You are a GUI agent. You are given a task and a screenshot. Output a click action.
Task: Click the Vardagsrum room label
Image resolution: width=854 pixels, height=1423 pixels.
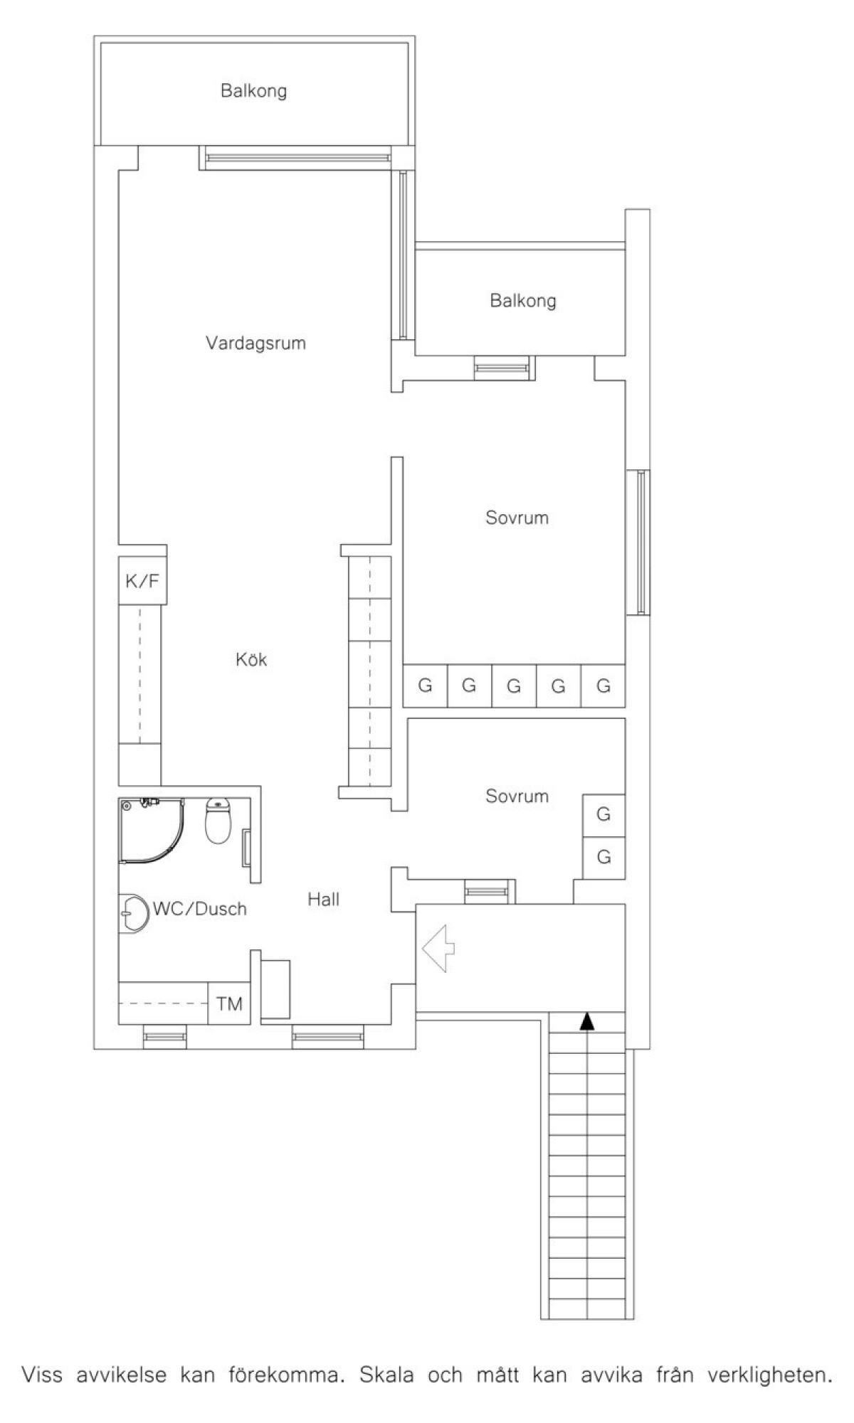pyautogui.click(x=255, y=343)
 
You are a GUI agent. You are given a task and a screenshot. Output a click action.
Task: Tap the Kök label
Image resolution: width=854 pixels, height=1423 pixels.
pyautogui.click(x=251, y=659)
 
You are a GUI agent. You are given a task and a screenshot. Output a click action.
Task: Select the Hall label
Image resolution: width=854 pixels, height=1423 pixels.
pyautogui.click(x=323, y=900)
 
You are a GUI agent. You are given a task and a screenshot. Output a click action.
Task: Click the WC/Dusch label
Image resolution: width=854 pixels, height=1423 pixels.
pyautogui.click(x=200, y=909)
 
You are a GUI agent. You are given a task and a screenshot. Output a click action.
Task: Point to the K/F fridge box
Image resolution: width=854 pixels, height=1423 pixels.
pyautogui.click(x=142, y=581)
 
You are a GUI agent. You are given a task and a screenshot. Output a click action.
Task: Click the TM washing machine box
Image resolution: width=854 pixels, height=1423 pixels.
pyautogui.click(x=229, y=1003)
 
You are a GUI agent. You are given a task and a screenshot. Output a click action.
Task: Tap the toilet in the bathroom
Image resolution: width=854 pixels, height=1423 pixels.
pyautogui.click(x=218, y=821)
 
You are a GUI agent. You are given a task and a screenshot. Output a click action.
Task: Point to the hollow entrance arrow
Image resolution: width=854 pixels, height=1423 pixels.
pyautogui.click(x=438, y=948)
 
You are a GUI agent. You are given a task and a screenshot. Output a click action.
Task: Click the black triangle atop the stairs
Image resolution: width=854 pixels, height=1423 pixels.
pyautogui.click(x=586, y=1021)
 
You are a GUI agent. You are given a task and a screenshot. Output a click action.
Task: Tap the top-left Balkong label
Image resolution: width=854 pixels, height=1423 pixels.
pyautogui.click(x=253, y=91)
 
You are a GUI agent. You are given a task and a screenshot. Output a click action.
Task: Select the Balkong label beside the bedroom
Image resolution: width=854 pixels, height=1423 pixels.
pyautogui.click(x=522, y=301)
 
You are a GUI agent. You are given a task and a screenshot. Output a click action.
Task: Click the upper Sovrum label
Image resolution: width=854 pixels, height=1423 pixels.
pyautogui.click(x=517, y=518)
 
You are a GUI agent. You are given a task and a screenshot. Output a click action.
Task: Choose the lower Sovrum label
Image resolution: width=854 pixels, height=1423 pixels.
pyautogui.click(x=517, y=796)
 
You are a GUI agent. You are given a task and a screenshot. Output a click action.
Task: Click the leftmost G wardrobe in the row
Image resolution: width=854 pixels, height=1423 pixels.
pyautogui.click(x=425, y=686)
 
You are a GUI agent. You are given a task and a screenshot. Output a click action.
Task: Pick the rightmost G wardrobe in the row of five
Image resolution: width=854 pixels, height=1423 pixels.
pyautogui.click(x=603, y=686)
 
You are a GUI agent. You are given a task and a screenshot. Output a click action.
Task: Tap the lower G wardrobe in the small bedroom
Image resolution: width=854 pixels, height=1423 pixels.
pyautogui.click(x=604, y=857)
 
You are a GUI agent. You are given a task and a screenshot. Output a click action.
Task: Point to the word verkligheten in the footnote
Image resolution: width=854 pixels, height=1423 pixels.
pyautogui.click(x=769, y=1375)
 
